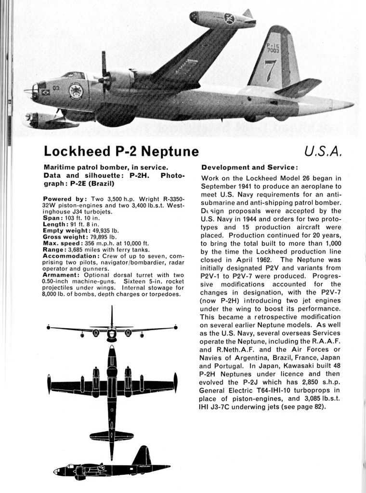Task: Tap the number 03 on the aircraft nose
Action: [x=56, y=88]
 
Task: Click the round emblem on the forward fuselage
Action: [x=76, y=91]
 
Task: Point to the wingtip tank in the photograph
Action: [x=222, y=20]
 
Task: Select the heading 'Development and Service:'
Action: [x=249, y=167]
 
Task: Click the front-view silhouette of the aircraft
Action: [x=112, y=330]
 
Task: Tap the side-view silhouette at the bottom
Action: [x=111, y=467]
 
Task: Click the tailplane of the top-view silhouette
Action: [x=112, y=435]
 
